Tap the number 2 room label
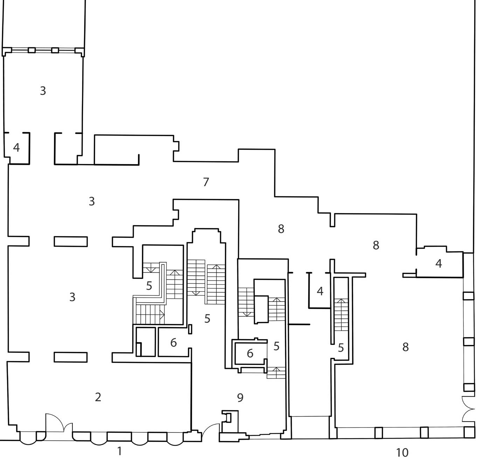click(98, 397)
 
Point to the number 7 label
click(206, 182)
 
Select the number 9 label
click(240, 397)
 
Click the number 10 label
click(402, 452)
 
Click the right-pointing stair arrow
click(162, 314)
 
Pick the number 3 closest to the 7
click(92, 202)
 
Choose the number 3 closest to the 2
click(72, 297)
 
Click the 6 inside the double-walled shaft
click(250, 353)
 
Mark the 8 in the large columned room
click(406, 347)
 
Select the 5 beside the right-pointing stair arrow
click(149, 285)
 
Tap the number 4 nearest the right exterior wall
click(439, 263)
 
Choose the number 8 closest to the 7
click(281, 229)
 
